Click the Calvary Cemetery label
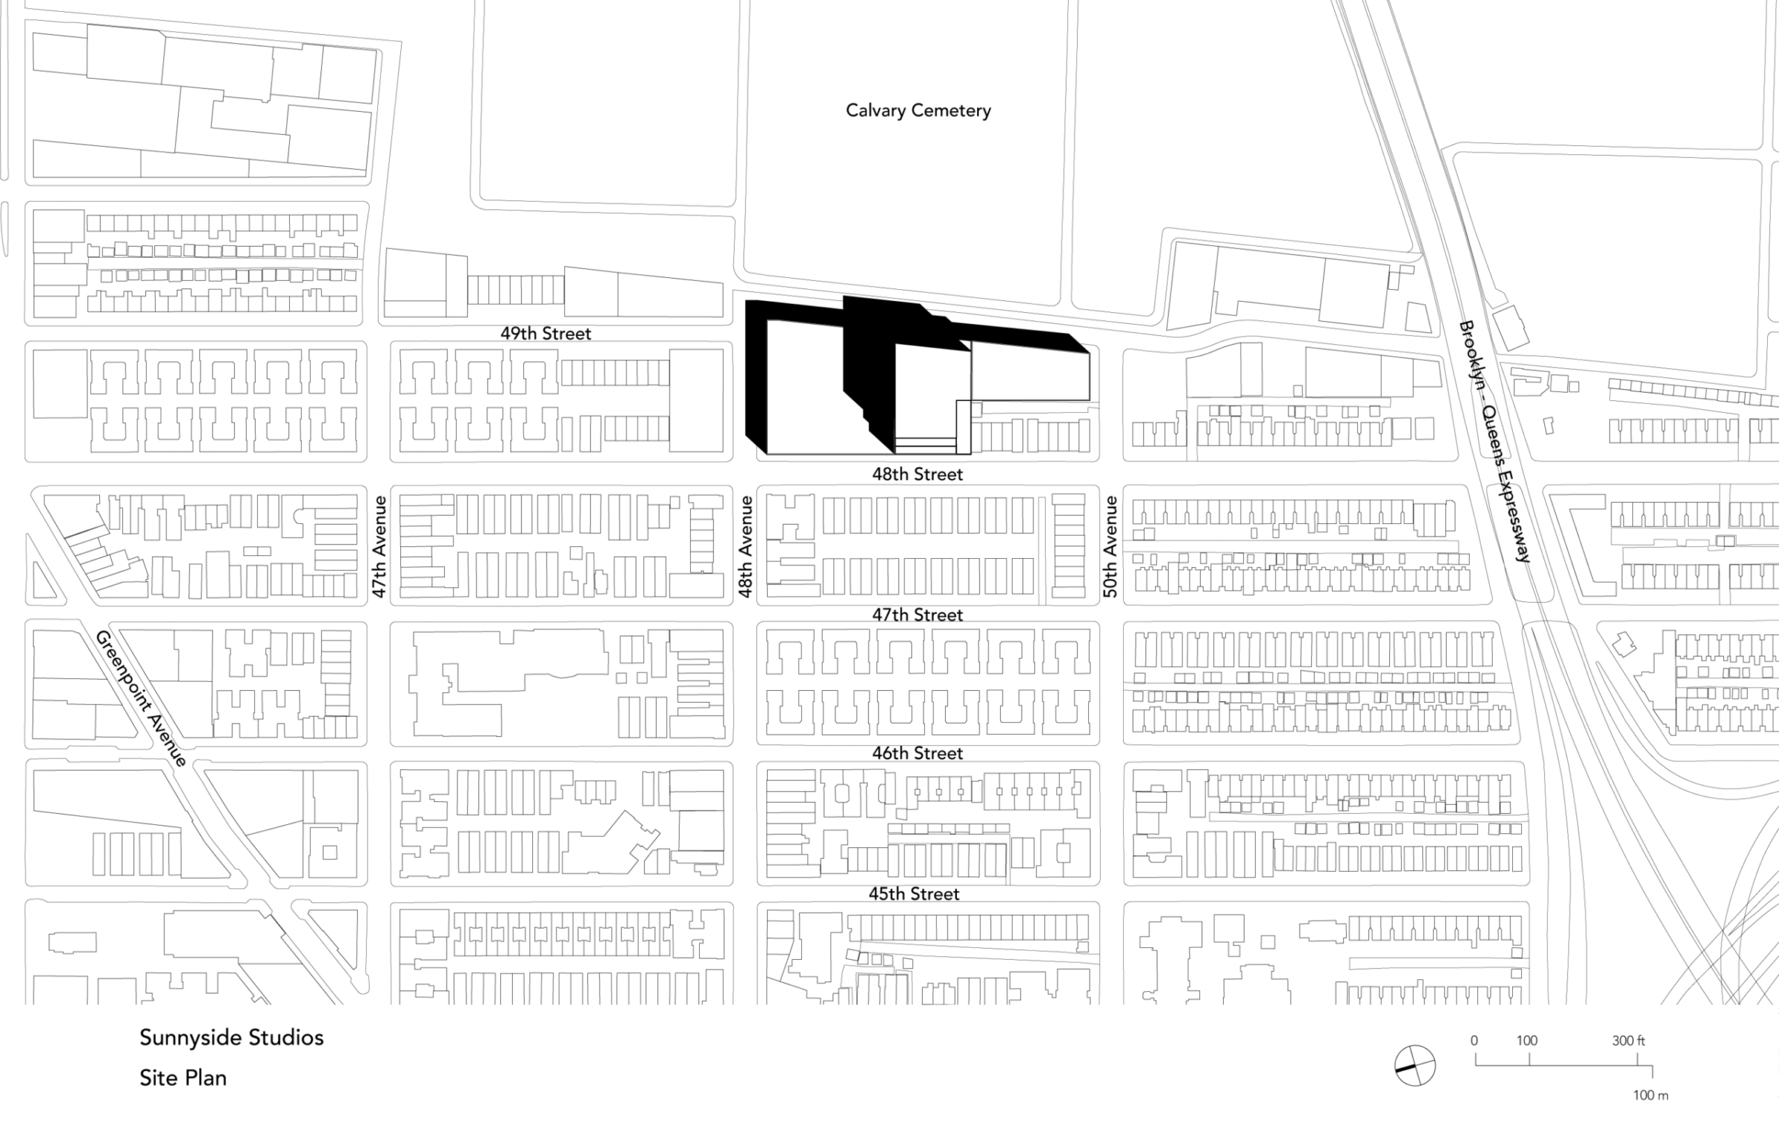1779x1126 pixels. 918,111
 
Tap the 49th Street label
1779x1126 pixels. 546,334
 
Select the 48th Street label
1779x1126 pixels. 917,474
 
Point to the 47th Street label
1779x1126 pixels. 917,615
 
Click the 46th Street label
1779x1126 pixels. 917,753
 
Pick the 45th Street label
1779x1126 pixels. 914,894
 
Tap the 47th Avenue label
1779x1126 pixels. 380,547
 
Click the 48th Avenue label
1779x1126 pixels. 746,547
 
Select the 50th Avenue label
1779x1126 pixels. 1110,547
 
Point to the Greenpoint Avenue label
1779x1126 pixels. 142,699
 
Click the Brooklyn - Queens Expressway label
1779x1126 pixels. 1494,442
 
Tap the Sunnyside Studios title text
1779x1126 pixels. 231,1038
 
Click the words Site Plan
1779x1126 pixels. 183,1078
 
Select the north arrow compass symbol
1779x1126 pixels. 1414,1066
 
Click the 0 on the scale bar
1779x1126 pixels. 1474,1041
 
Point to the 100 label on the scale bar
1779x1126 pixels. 1526,1041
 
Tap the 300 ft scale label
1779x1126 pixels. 1628,1041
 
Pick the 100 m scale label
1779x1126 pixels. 1651,1096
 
